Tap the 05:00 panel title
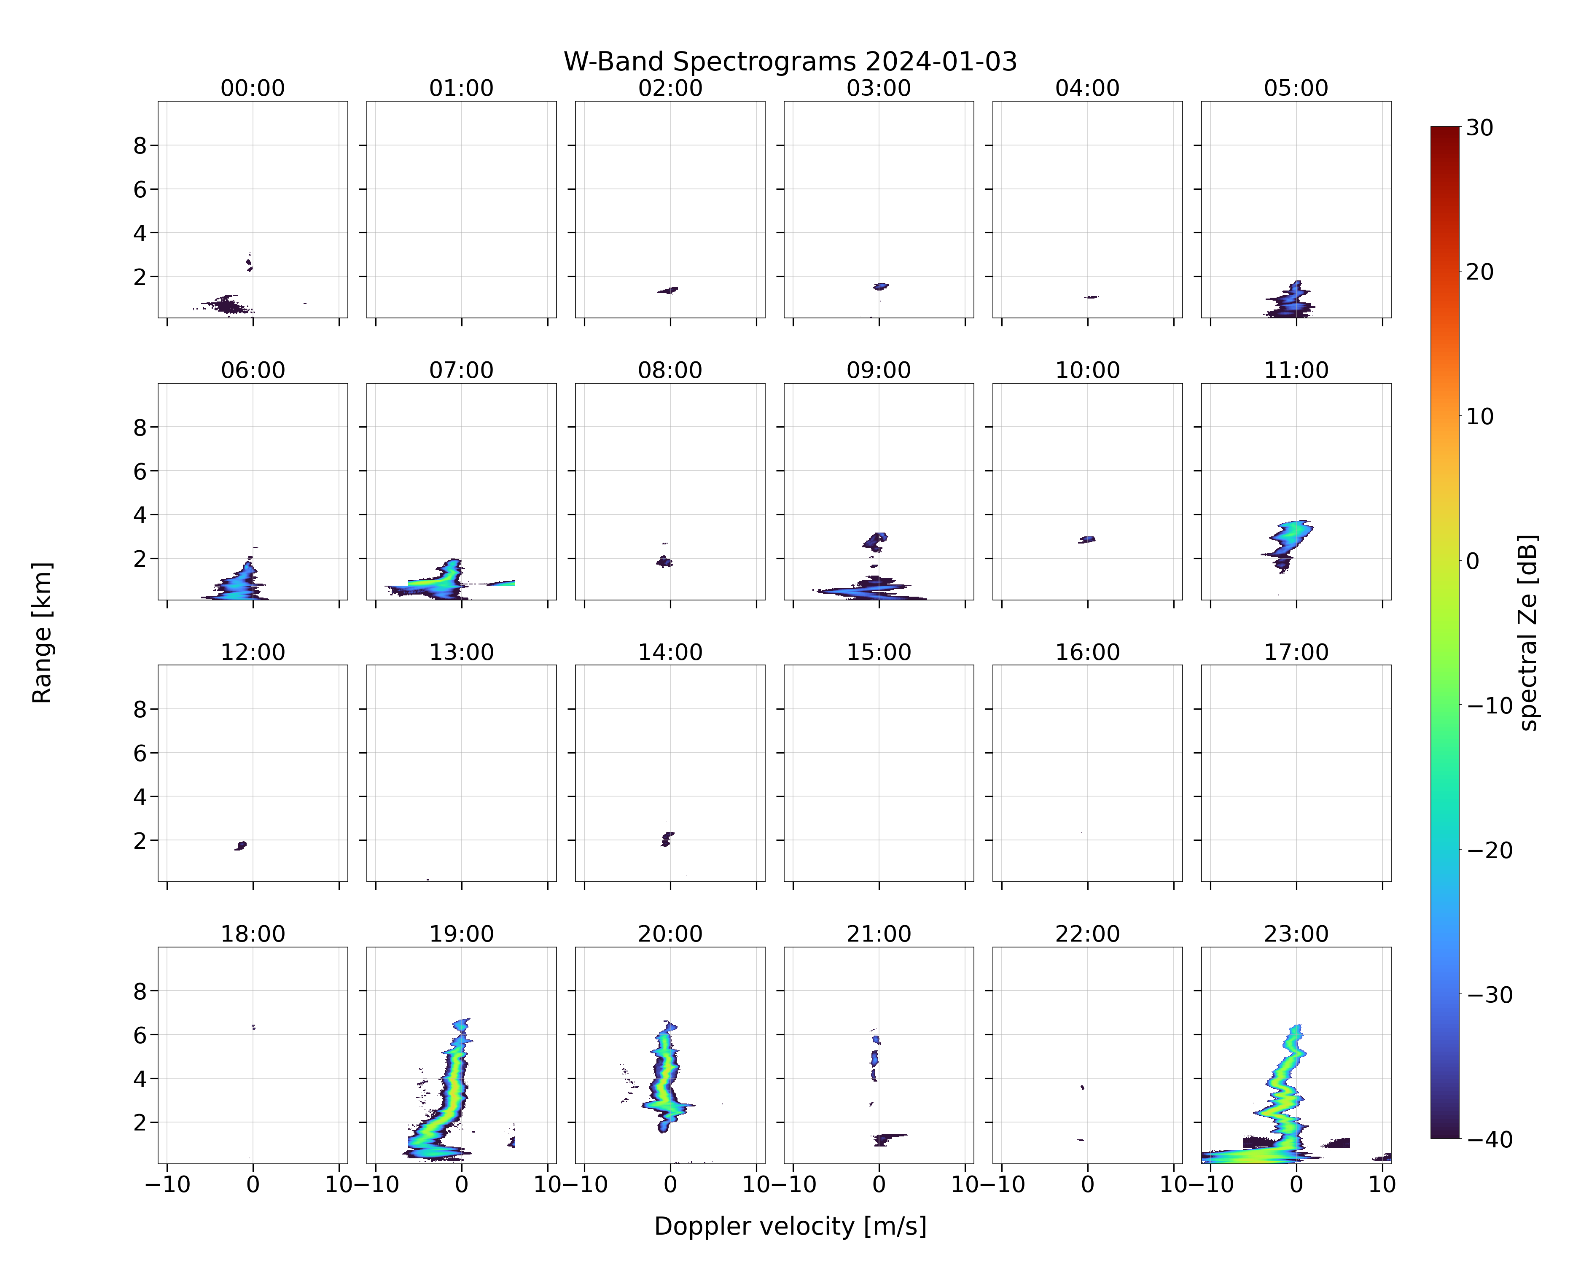point(1296,88)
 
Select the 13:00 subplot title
point(461,652)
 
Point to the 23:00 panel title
point(1296,934)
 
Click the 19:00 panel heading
point(461,934)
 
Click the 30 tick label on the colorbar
point(1480,128)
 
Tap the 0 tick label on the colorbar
point(1473,561)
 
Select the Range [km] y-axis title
point(42,632)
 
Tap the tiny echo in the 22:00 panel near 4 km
point(1082,1087)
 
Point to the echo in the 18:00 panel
point(253,1028)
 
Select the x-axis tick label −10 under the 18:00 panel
point(167,1184)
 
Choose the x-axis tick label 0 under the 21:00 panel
point(879,1184)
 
